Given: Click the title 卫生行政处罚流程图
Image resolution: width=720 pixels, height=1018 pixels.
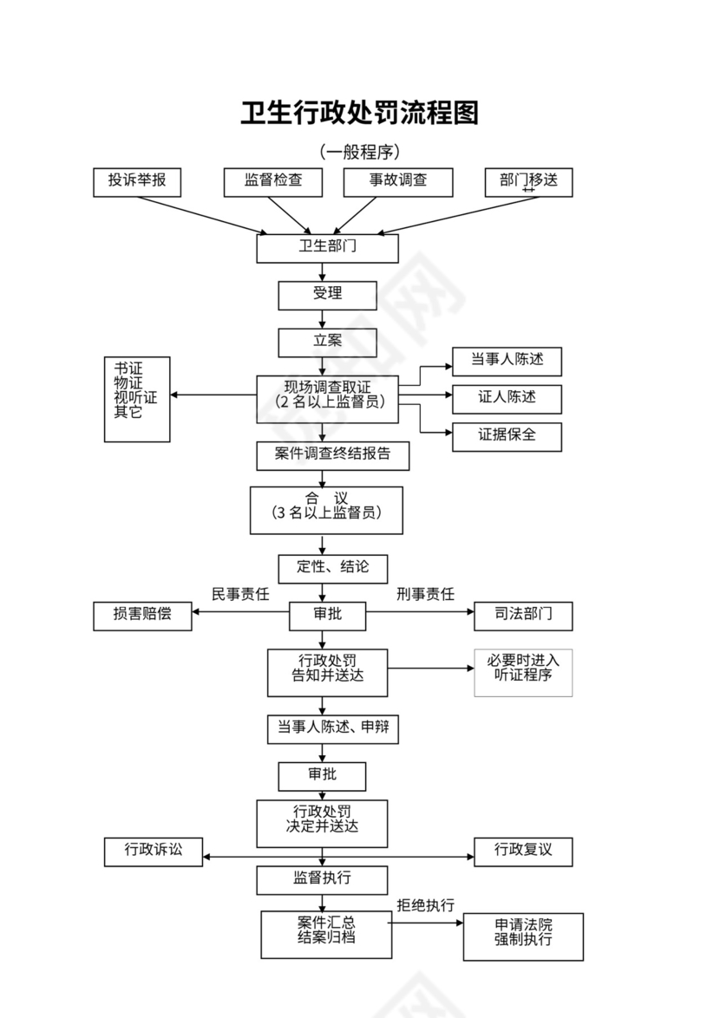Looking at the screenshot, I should click(x=359, y=113).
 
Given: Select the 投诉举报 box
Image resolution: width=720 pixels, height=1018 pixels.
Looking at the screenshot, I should click(x=137, y=181).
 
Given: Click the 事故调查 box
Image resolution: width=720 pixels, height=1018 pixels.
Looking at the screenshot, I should click(x=398, y=181).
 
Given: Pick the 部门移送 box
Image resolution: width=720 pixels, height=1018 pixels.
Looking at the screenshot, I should click(x=528, y=181).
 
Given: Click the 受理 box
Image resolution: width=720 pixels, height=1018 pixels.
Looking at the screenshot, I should click(x=327, y=295).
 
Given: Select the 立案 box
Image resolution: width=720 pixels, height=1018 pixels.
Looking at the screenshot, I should click(x=327, y=342).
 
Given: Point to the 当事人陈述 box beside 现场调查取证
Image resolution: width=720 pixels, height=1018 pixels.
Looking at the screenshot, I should click(x=507, y=361).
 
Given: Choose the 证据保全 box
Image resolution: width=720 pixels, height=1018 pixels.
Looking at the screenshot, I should click(x=507, y=436).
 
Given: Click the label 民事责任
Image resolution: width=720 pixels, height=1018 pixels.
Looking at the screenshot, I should click(x=240, y=594).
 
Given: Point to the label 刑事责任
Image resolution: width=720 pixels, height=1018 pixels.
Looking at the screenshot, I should click(x=425, y=594).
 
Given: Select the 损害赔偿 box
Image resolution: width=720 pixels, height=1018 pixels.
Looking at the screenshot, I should click(x=142, y=616).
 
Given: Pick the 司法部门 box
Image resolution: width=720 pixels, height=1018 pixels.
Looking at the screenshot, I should click(x=523, y=616).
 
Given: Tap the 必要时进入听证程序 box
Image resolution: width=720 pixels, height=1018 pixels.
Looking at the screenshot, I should click(x=523, y=672).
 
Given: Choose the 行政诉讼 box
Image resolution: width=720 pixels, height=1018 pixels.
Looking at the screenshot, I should click(x=154, y=851).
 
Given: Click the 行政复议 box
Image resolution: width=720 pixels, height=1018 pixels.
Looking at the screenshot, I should click(x=523, y=851).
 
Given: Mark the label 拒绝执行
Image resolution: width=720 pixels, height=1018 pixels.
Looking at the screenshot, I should click(x=425, y=905).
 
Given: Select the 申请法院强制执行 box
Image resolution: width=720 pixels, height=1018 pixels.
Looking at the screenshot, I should click(x=523, y=936).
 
